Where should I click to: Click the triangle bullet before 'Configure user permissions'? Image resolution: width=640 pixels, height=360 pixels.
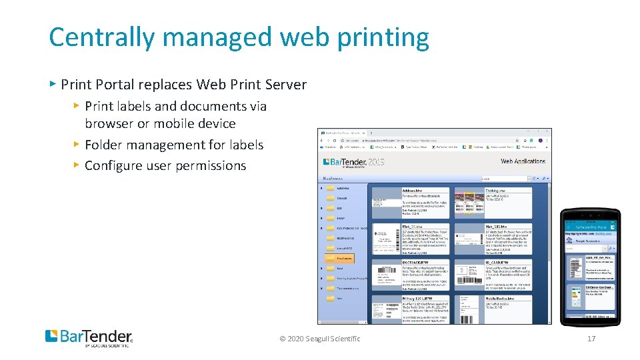coord(77,164)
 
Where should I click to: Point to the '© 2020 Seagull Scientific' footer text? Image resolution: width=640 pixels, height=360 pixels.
coord(320,339)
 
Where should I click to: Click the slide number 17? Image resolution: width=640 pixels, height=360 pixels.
coord(591,339)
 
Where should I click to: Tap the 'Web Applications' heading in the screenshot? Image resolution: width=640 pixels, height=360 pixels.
coord(523,161)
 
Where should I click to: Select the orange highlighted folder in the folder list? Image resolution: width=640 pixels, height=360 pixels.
coord(340,258)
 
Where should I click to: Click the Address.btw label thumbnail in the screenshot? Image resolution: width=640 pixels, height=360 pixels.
coord(386,203)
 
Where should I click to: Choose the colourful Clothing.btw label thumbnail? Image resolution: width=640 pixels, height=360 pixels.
coord(469,202)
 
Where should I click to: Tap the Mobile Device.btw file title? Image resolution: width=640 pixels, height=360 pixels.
coord(500,298)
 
